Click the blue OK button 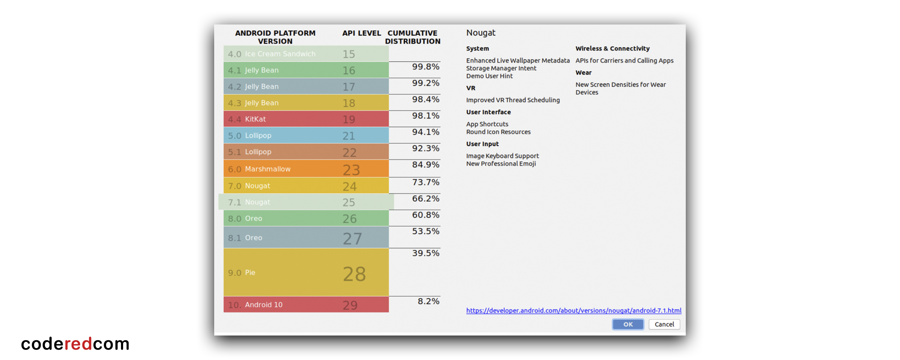pyautogui.click(x=628, y=324)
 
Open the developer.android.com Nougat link pyautogui.click(x=573, y=310)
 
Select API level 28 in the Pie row pyautogui.click(x=354, y=274)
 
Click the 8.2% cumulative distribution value pyautogui.click(x=428, y=301)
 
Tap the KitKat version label pyautogui.click(x=255, y=119)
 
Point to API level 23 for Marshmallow pyautogui.click(x=351, y=170)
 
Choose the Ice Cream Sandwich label pyautogui.click(x=280, y=54)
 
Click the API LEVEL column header pyautogui.click(x=361, y=33)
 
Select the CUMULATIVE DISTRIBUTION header pyautogui.click(x=413, y=37)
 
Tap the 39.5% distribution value pyautogui.click(x=426, y=253)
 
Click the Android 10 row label pyautogui.click(x=264, y=305)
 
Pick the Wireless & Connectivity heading pyautogui.click(x=612, y=49)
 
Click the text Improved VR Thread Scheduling pyautogui.click(x=513, y=100)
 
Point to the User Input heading pyautogui.click(x=482, y=144)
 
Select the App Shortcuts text pyautogui.click(x=487, y=124)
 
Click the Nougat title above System pyautogui.click(x=481, y=33)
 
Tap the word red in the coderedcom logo pyautogui.click(x=78, y=344)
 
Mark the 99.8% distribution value pyautogui.click(x=426, y=67)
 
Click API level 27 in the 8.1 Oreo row pyautogui.click(x=352, y=238)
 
